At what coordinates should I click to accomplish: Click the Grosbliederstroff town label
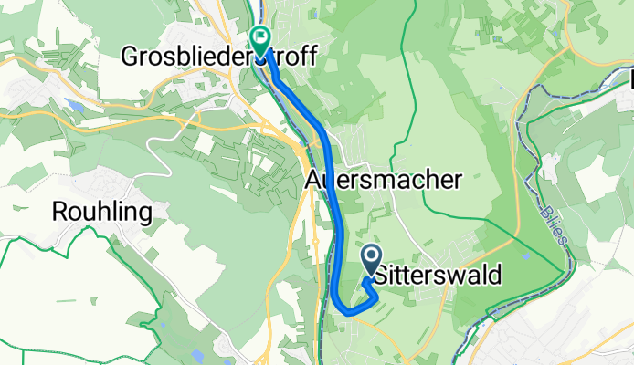(x=219, y=57)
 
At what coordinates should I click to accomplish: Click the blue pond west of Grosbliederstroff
(x=75, y=107)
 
